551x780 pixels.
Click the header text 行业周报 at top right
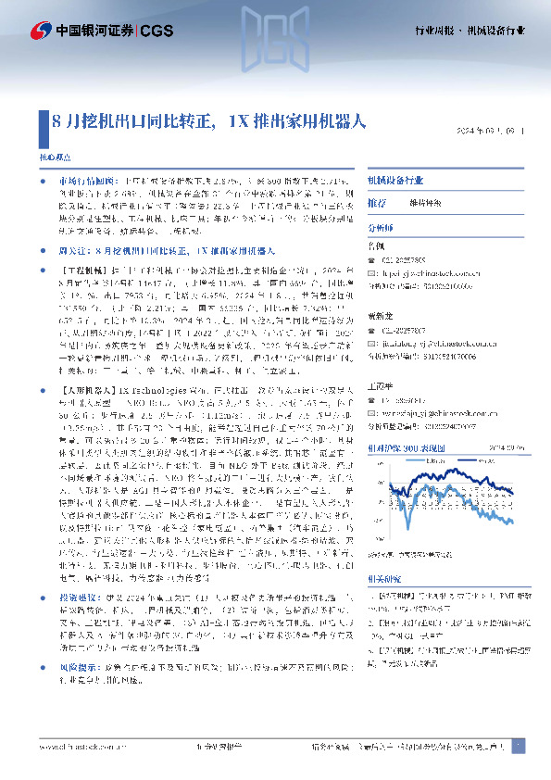click(x=433, y=31)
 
